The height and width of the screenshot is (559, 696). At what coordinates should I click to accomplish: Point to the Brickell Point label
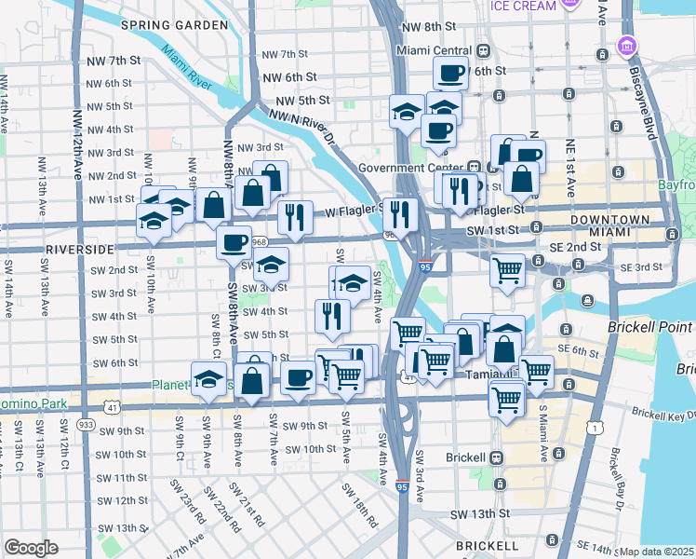pyautogui.click(x=650, y=328)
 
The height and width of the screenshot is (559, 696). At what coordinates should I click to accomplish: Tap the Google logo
pyautogui.click(x=31, y=548)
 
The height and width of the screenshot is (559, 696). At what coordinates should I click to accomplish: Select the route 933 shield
pyautogui.click(x=87, y=425)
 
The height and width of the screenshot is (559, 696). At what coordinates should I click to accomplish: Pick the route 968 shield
pyautogui.click(x=259, y=242)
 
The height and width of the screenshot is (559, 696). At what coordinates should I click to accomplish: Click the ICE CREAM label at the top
pyautogui.click(x=524, y=7)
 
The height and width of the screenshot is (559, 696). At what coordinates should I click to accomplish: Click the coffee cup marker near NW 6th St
pyautogui.click(x=452, y=73)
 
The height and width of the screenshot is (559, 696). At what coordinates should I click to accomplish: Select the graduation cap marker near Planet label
pyautogui.click(x=209, y=380)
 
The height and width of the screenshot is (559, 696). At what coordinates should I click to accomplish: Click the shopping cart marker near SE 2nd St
pyautogui.click(x=508, y=271)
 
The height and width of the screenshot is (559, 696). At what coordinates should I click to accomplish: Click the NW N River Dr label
pyautogui.click(x=302, y=127)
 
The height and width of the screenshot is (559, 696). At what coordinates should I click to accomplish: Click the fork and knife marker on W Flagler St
pyautogui.click(x=295, y=218)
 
